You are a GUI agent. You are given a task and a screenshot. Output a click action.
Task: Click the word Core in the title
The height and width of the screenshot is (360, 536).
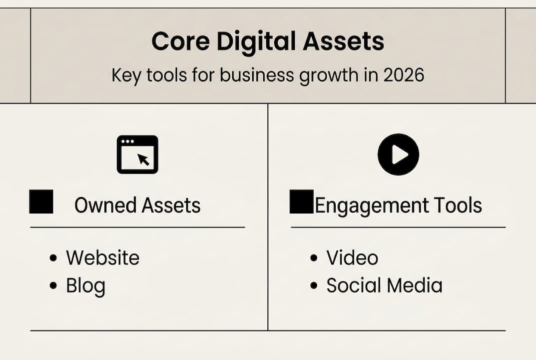(x=180, y=41)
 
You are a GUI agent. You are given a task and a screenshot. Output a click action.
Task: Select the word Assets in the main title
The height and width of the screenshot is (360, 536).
(x=343, y=41)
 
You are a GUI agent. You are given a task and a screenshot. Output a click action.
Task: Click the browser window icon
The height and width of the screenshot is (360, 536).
(x=137, y=154)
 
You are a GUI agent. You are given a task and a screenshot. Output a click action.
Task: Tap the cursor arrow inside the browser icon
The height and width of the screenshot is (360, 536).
(x=144, y=159)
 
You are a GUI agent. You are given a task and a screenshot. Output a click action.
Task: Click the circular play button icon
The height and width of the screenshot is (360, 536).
(x=398, y=154)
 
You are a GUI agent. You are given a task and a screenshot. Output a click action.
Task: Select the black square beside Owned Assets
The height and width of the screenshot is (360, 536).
(x=41, y=201)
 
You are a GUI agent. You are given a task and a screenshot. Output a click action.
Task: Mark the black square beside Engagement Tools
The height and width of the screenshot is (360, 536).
(x=302, y=201)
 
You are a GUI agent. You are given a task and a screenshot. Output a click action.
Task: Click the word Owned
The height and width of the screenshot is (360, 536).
(x=105, y=205)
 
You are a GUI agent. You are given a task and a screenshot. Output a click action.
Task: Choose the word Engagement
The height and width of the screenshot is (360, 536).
(x=372, y=205)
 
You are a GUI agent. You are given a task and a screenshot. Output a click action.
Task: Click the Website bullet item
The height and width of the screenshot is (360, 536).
(x=102, y=258)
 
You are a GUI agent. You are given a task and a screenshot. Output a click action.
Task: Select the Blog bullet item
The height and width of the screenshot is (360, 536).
(x=85, y=286)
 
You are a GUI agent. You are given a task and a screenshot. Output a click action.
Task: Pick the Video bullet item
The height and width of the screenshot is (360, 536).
(x=352, y=258)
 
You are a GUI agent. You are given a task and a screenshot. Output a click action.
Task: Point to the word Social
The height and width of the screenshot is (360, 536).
(x=351, y=285)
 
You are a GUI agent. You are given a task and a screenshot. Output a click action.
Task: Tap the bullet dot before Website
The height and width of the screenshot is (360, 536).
(x=53, y=258)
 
